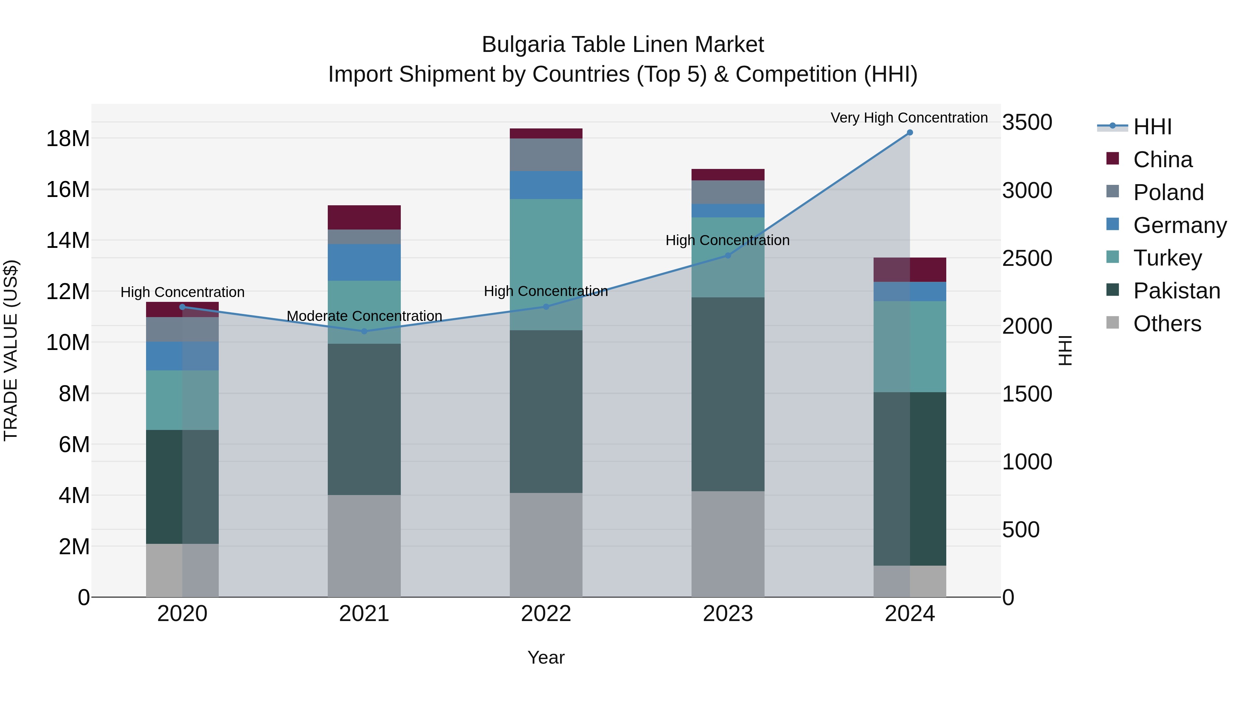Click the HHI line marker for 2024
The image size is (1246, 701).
(909, 133)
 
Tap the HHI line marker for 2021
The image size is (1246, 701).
(364, 331)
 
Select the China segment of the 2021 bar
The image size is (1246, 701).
(364, 217)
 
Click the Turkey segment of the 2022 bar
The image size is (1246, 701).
(546, 264)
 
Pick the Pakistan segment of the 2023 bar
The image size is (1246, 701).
(728, 394)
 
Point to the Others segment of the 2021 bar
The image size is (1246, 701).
(364, 546)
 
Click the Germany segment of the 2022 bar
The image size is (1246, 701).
(546, 185)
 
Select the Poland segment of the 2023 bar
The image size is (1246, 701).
(728, 192)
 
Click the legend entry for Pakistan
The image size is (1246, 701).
(1176, 291)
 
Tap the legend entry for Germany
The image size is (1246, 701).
(1179, 225)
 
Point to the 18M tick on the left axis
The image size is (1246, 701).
(68, 139)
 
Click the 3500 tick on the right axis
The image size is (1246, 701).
(1027, 123)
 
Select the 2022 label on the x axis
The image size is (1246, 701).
(546, 614)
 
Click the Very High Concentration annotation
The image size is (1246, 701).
(909, 118)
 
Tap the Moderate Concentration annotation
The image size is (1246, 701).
(364, 316)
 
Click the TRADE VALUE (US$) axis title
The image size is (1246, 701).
(11, 350)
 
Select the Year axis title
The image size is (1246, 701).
(546, 657)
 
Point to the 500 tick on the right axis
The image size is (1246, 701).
(1021, 530)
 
